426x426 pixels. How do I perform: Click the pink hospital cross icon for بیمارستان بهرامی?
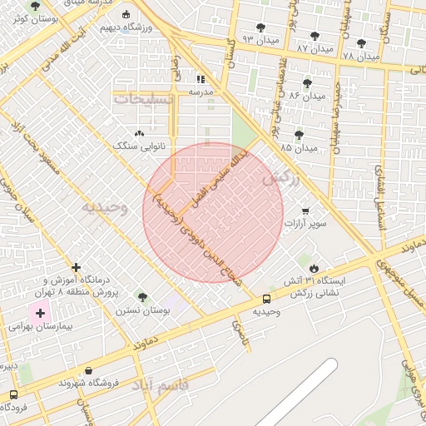point(39,314)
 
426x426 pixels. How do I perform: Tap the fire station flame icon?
point(314,267)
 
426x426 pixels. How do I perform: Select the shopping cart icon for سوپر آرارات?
point(305,211)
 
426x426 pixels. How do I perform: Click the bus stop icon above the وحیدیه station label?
point(266,299)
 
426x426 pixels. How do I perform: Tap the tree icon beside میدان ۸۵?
point(299,135)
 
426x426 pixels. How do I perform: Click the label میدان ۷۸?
point(361,56)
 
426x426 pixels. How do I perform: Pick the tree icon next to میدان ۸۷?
point(314,36)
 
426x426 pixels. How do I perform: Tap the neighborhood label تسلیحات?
point(144,98)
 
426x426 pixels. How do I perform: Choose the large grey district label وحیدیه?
point(104,208)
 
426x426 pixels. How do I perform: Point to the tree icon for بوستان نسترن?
point(142,297)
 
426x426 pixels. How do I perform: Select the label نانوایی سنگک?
point(139,146)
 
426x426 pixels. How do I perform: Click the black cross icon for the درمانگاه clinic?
point(77,267)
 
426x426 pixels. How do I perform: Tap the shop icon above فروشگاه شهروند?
point(88,371)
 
